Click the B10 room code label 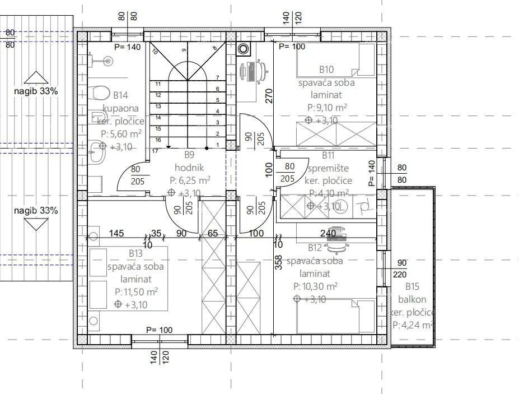[x=326, y=69]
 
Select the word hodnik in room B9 [x=189, y=167]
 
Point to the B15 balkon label [x=412, y=286]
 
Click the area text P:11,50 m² [x=136, y=292]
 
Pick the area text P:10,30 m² [x=315, y=286]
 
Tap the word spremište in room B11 [x=328, y=168]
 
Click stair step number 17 [x=156, y=151]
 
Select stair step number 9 [x=183, y=50]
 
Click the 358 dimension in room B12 [x=279, y=263]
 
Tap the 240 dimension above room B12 [x=328, y=233]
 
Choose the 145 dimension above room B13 [x=116, y=233]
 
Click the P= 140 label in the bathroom [x=128, y=47]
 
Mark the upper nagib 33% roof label [x=36, y=90]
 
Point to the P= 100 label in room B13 [x=160, y=330]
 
